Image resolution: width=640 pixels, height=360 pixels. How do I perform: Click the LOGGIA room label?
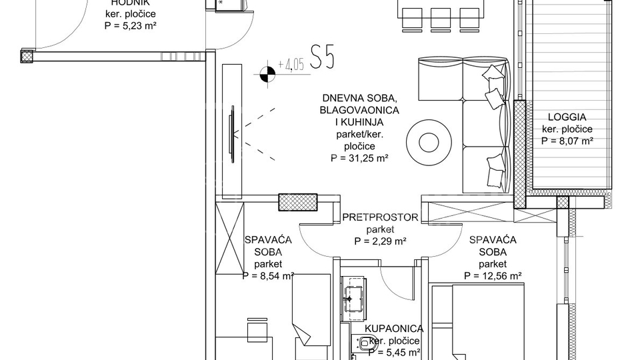pos(567,116)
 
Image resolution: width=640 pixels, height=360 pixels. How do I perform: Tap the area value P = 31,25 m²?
pos(359,159)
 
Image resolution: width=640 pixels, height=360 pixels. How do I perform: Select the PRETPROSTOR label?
pos(380,217)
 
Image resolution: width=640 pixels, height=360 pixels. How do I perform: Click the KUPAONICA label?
pos(395,328)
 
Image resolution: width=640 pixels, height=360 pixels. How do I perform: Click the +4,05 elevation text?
pos(291,65)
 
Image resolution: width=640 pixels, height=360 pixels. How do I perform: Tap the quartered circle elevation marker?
pos(267,74)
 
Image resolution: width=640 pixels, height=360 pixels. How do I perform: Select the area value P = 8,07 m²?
pos(567,141)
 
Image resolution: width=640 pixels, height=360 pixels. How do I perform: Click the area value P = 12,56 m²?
pos(493,275)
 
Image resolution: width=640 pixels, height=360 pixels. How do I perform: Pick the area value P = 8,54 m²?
pos(268,275)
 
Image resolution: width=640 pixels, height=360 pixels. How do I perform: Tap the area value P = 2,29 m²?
pos(380,241)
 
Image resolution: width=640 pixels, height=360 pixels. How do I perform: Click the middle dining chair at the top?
pos(440,19)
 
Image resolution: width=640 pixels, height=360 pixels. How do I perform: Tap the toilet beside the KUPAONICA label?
pos(363,344)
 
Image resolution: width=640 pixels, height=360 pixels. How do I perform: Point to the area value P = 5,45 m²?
pos(395,352)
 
